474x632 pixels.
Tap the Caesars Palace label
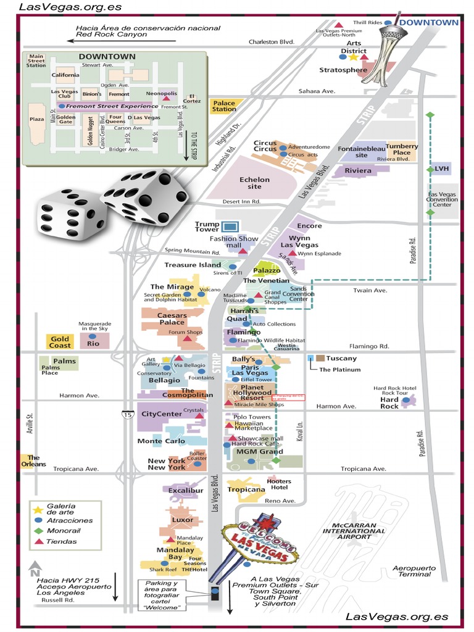tap(164, 318)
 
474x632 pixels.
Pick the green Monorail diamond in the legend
tap(38, 531)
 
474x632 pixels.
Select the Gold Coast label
tap(60, 342)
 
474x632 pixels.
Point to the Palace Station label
tap(224, 106)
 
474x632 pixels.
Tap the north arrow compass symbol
tap(35, 566)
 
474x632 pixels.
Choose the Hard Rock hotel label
tap(389, 402)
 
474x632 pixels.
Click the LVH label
tap(441, 168)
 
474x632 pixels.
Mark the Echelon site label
tap(254, 183)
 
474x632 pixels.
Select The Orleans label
tap(33, 460)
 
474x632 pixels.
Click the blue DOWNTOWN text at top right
tap(429, 23)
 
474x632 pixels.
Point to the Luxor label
tap(183, 520)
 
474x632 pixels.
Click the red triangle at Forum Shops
tap(186, 340)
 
